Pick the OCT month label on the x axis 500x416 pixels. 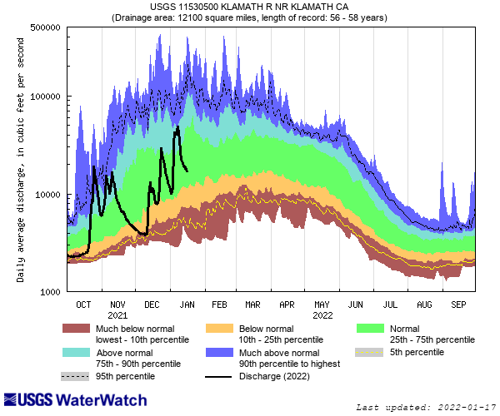pyautogui.click(x=83, y=305)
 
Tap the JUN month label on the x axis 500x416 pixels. pyautogui.click(x=355, y=305)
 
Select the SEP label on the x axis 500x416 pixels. pyautogui.click(x=457, y=305)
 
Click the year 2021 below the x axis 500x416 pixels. pyautogui.click(x=117, y=315)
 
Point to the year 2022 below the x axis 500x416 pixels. pyautogui.click(x=322, y=315)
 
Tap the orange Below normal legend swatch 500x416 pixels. pyautogui.click(x=219, y=329)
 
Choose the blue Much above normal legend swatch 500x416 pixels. pyautogui.click(x=219, y=352)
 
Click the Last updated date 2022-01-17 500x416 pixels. pyautogui.click(x=427, y=407)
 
